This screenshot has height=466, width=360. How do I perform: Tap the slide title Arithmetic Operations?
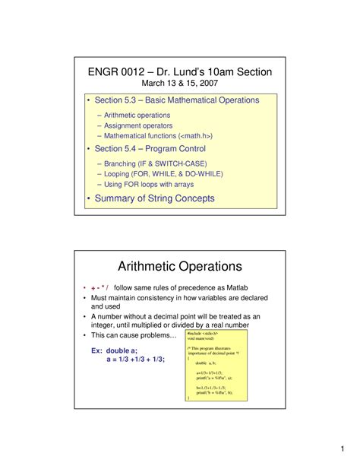point(180,266)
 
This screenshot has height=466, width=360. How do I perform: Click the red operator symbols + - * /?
point(99,289)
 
